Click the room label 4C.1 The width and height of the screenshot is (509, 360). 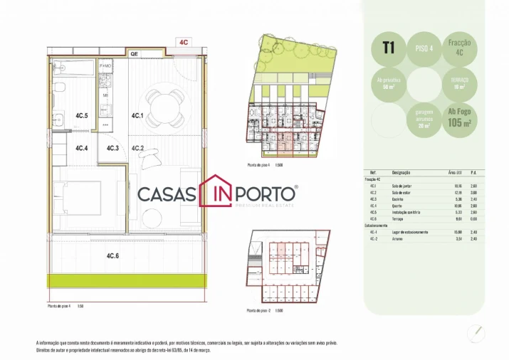tap(137, 115)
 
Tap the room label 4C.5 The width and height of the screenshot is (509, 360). tap(81, 115)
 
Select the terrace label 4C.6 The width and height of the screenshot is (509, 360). tap(112, 256)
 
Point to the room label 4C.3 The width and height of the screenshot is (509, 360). tap(112, 149)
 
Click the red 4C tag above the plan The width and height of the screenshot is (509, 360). tap(184, 42)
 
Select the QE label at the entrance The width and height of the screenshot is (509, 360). tap(133, 53)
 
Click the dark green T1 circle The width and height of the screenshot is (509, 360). tap(389, 48)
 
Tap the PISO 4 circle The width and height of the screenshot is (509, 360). tap(422, 48)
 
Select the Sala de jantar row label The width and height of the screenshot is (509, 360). tap(403, 186)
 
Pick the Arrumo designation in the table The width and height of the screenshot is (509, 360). tap(398, 238)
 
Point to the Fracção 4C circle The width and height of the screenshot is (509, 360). tap(455, 48)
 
